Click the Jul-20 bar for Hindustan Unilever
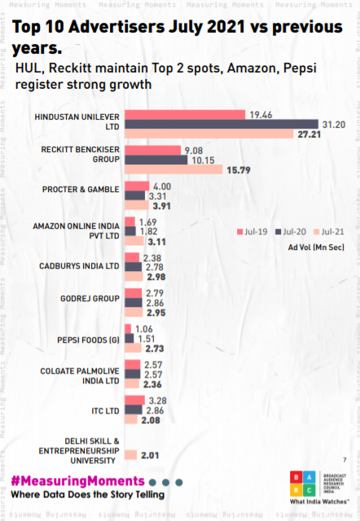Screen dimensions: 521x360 (220, 124)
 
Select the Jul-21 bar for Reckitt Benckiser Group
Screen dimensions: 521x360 (173, 169)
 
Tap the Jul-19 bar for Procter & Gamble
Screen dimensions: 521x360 (136, 186)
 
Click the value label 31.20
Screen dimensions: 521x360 (334, 124)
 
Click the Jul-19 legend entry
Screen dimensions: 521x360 (249, 230)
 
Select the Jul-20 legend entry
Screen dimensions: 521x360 (286, 230)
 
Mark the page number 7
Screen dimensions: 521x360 (345, 459)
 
